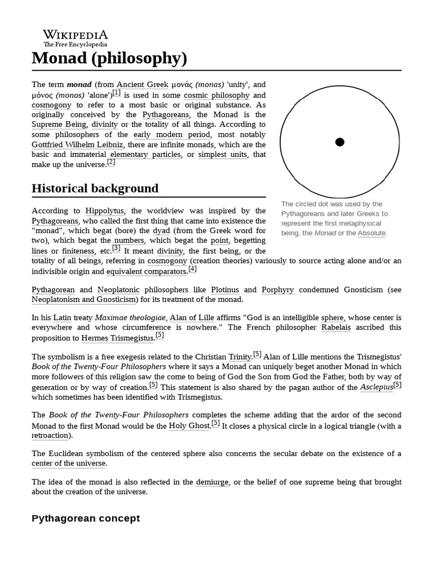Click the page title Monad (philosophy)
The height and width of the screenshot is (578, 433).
109,58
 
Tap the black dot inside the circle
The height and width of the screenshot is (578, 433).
339,142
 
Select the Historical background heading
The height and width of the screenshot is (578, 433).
95,189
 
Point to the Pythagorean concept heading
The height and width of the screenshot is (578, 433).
86,518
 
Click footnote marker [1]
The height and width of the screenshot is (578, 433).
116,93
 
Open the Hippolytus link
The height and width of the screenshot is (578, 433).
104,211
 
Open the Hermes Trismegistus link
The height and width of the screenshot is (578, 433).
117,338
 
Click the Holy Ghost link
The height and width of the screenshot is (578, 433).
189,426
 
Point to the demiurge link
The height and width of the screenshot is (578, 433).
213,482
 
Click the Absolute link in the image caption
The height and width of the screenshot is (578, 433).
372,233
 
